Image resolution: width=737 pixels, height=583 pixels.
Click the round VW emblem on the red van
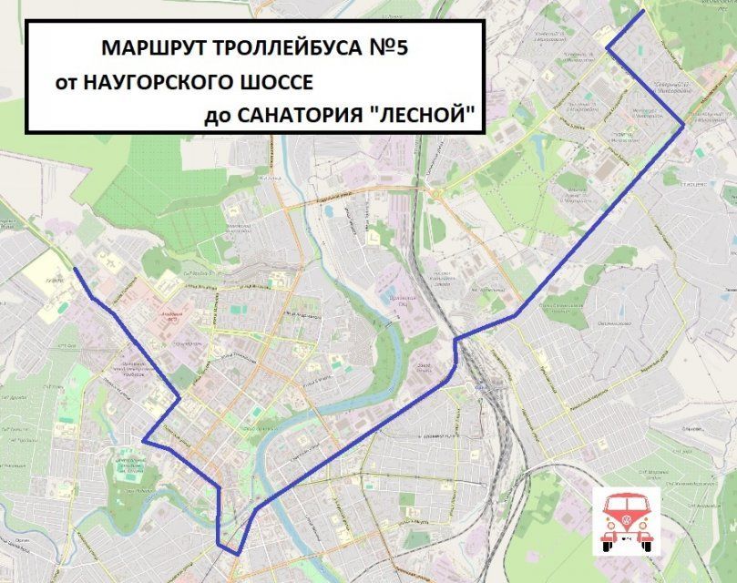626,521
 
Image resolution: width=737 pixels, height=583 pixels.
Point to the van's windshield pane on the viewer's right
639,504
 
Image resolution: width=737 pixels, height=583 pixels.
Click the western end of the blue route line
74,270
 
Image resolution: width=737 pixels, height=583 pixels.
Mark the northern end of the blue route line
643,12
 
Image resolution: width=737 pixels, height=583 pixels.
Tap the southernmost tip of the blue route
237,554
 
